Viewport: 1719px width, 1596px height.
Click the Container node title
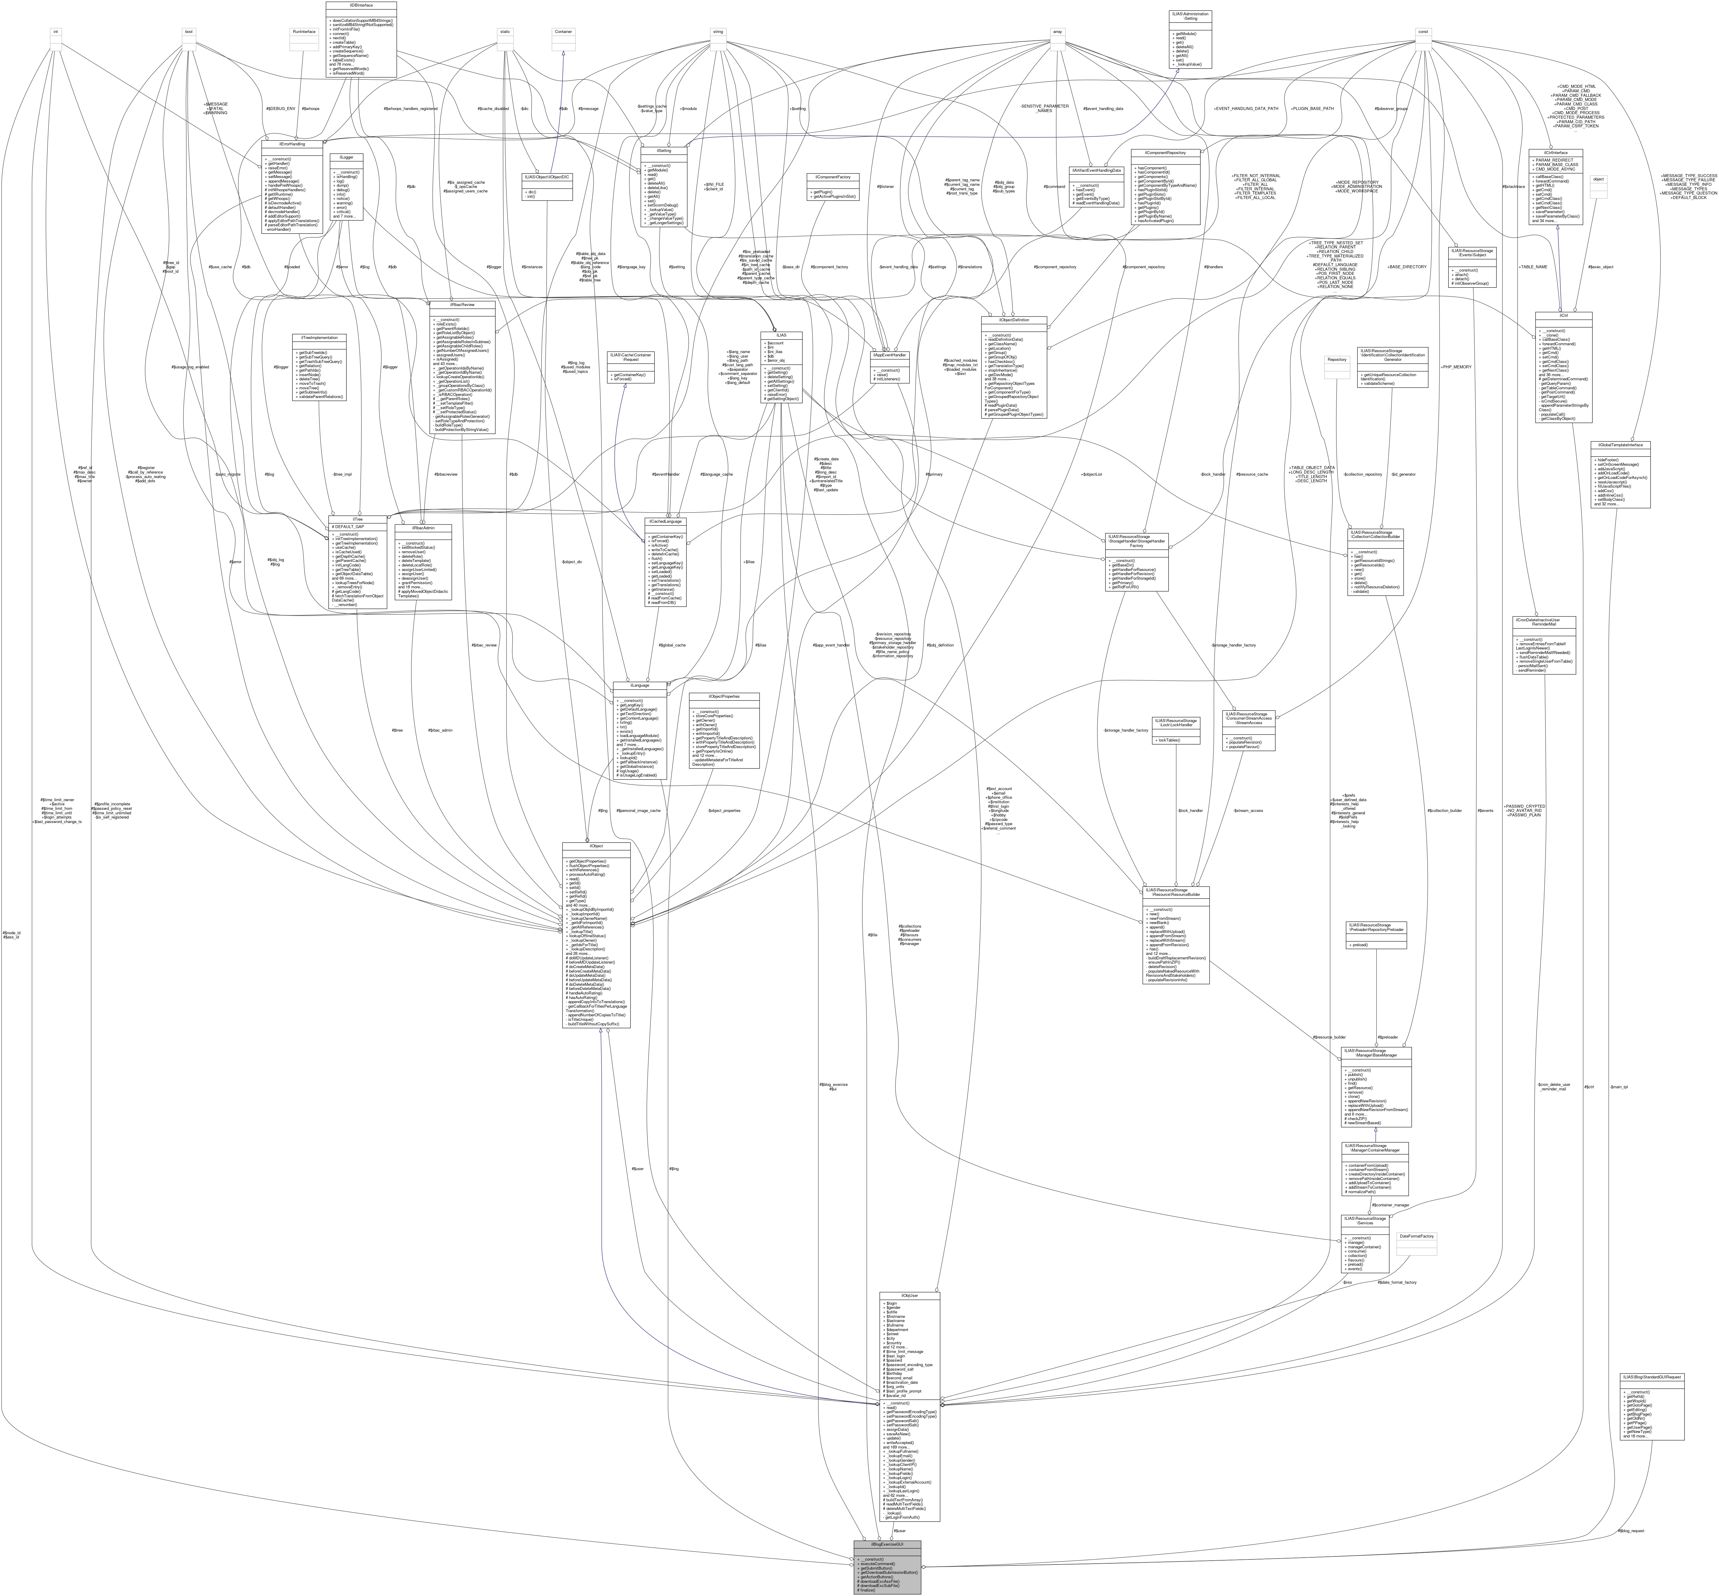(563, 32)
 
